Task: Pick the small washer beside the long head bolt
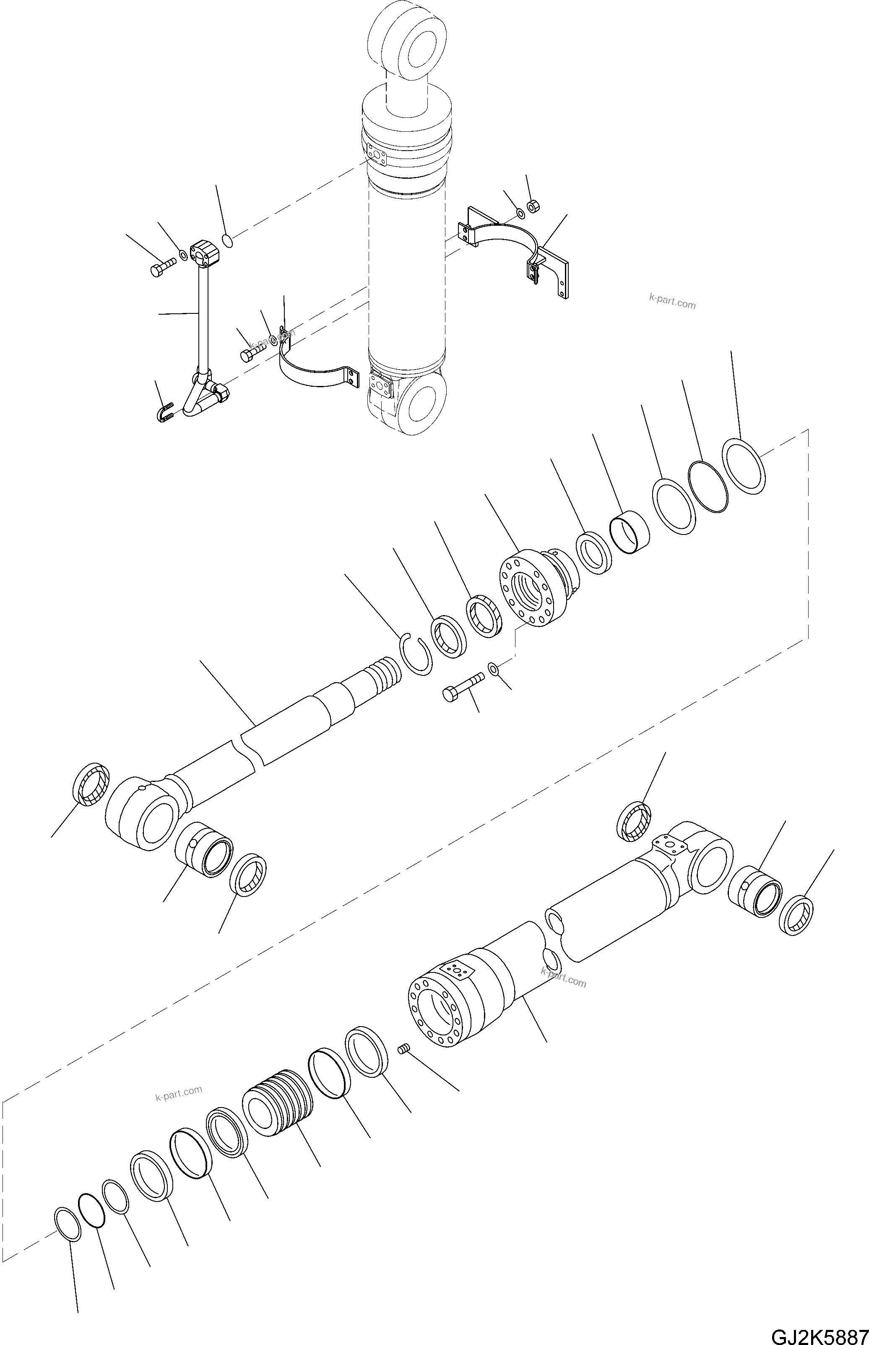tap(494, 669)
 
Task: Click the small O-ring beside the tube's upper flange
tap(227, 241)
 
